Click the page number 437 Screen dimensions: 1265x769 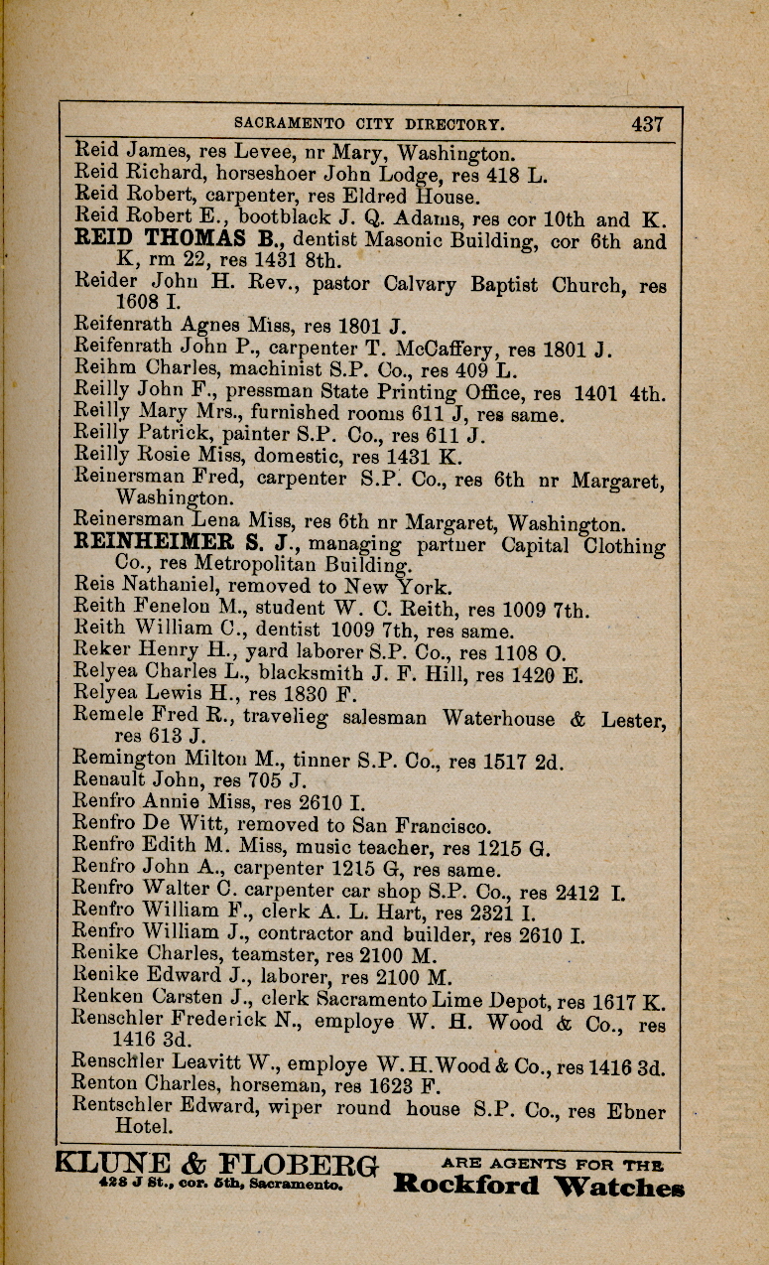(x=646, y=124)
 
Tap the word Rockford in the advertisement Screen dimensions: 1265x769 (x=465, y=1185)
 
